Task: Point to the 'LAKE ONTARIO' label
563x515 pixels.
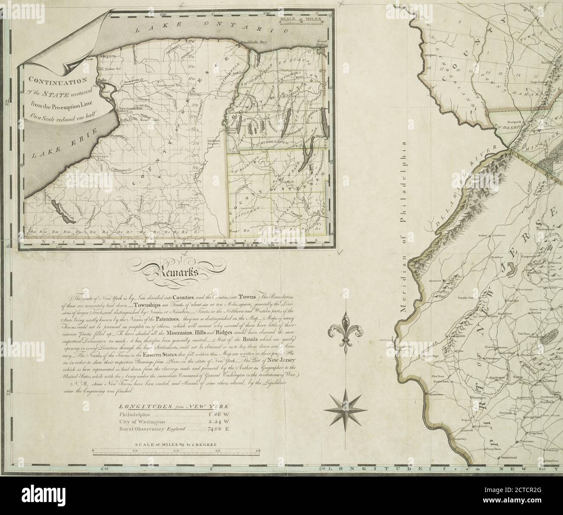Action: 212,26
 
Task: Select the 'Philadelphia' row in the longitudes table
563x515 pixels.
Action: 134,414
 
